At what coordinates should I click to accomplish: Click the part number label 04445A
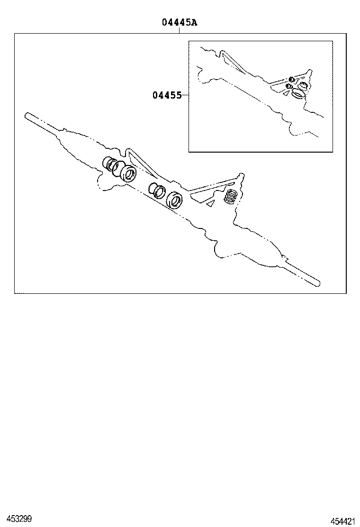pyautogui.click(x=179, y=22)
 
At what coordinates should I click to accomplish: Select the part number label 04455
pyautogui.click(x=167, y=95)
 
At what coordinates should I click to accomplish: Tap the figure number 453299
pyautogui.click(x=16, y=519)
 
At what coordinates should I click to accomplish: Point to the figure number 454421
pyautogui.click(x=343, y=521)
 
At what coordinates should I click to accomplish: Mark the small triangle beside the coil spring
pyautogui.click(x=211, y=203)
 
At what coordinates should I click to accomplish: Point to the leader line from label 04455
pyautogui.click(x=185, y=95)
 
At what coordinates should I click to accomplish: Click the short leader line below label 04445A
pyautogui.click(x=179, y=30)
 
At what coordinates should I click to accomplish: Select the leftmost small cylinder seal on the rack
pyautogui.click(x=108, y=163)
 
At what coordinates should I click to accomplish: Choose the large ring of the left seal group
pyautogui.click(x=128, y=173)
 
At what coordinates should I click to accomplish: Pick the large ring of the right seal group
pyautogui.click(x=175, y=200)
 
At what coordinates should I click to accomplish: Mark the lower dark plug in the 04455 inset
pyautogui.click(x=288, y=86)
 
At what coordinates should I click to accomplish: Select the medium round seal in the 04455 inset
pyautogui.click(x=302, y=86)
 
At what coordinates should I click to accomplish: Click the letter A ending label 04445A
pyautogui.click(x=194, y=22)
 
